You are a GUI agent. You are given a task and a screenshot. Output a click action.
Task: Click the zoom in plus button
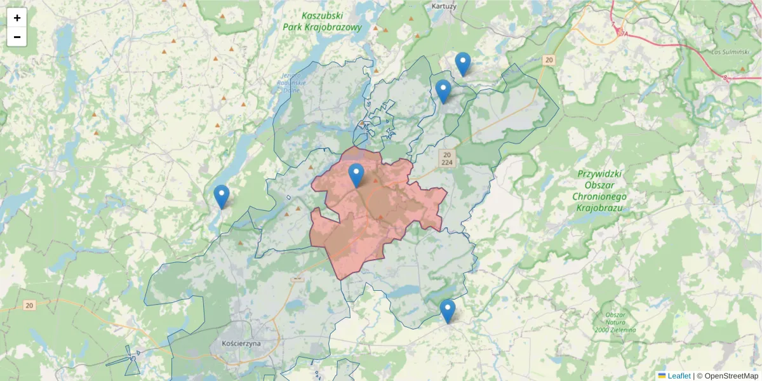coord(17,18)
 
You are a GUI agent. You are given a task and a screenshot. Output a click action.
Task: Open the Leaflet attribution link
coord(679,376)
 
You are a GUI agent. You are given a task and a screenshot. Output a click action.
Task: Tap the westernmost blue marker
coord(221,196)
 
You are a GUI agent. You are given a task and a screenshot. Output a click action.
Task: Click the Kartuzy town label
coord(444,6)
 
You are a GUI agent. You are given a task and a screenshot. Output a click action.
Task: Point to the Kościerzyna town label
coord(241,343)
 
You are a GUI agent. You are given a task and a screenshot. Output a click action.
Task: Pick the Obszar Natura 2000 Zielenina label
coord(615,323)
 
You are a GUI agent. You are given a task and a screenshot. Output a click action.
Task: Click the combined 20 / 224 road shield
coord(448,158)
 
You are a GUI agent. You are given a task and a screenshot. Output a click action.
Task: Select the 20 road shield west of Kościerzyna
coord(29,305)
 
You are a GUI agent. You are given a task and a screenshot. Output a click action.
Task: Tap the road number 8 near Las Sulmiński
coord(726,77)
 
